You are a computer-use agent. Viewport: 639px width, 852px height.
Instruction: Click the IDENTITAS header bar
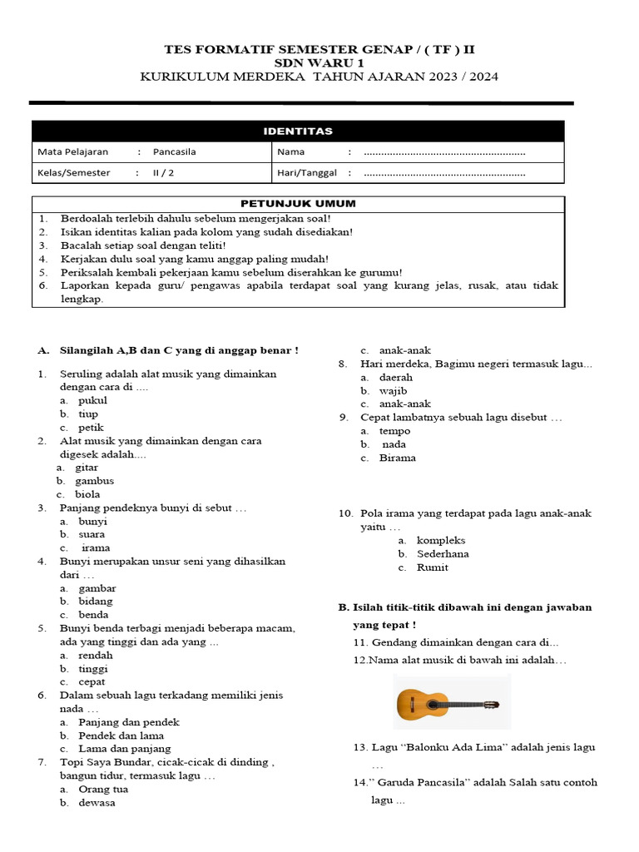298,131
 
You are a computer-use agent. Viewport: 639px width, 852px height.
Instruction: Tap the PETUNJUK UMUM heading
298,204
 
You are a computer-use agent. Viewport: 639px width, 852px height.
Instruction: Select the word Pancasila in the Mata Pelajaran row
174,152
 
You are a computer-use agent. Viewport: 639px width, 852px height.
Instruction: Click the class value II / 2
163,173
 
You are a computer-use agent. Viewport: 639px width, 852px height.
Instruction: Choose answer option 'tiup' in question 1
88,414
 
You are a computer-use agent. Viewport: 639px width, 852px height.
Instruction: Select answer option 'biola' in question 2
87,494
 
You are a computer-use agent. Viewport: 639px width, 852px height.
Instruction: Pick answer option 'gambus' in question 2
94,481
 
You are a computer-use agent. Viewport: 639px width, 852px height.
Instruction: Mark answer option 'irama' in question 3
95,548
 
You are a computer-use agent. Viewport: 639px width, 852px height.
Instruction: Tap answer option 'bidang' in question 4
95,601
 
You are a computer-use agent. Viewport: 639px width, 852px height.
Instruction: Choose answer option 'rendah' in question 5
95,655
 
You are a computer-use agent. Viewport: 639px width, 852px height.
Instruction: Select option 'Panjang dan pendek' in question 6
129,722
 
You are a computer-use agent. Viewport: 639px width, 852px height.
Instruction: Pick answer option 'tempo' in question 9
394,431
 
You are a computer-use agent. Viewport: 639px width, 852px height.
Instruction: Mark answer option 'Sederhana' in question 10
443,553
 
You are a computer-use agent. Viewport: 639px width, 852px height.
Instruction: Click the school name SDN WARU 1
319,63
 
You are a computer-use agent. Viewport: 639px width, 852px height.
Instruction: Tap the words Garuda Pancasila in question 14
403,783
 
